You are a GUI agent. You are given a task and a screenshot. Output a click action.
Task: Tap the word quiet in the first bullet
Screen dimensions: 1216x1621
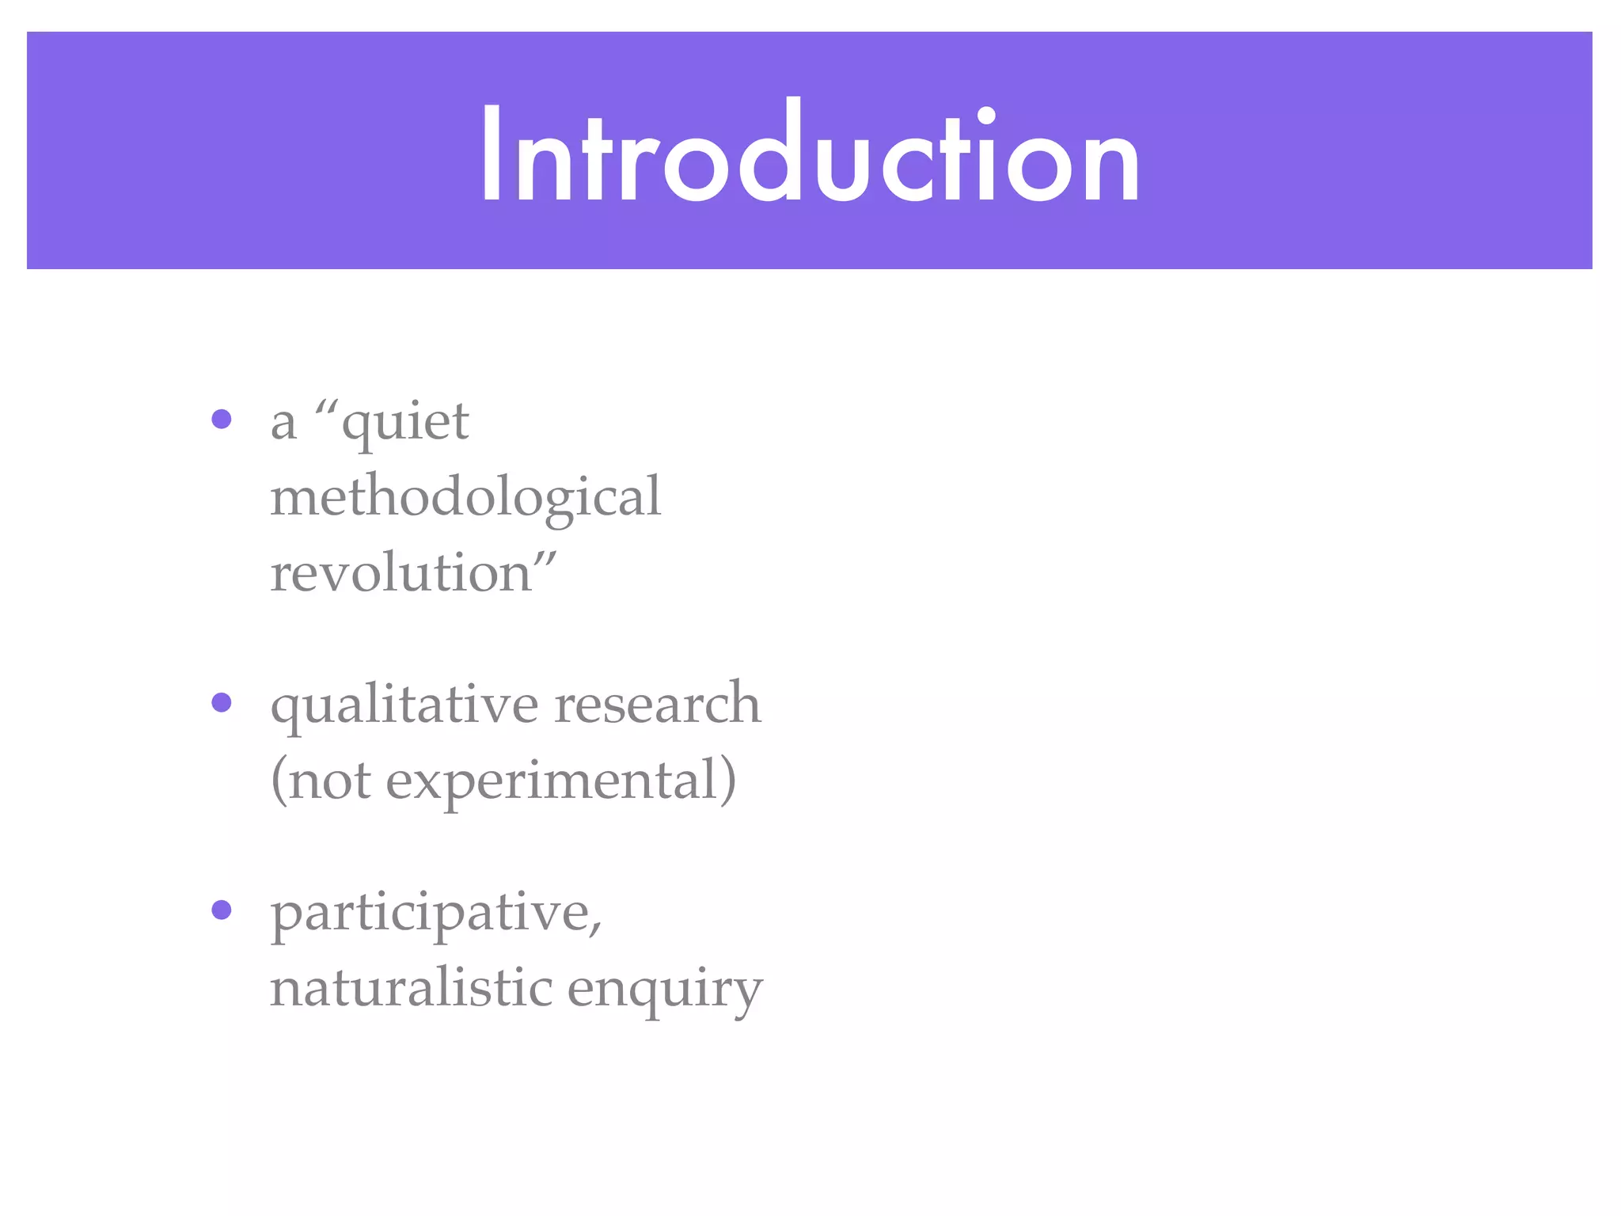[x=405, y=424]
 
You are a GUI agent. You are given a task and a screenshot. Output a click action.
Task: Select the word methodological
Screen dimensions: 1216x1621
[x=465, y=497]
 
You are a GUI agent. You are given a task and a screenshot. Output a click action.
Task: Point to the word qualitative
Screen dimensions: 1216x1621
[x=404, y=705]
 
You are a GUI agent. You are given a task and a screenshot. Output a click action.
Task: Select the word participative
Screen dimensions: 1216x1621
[x=431, y=914]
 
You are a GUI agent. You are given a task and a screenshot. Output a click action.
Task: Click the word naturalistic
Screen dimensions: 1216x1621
[x=412, y=988]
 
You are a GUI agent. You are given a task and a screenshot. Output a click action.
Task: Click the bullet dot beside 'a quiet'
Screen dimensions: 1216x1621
[x=222, y=419]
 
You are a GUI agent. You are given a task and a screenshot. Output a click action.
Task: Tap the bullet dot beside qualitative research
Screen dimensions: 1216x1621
[x=222, y=702]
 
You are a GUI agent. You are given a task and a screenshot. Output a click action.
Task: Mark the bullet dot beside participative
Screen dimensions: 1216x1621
[x=222, y=910]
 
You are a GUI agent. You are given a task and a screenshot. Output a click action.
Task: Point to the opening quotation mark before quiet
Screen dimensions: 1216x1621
[x=326, y=408]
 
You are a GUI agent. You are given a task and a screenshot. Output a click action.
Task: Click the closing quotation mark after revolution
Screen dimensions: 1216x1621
[x=545, y=558]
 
